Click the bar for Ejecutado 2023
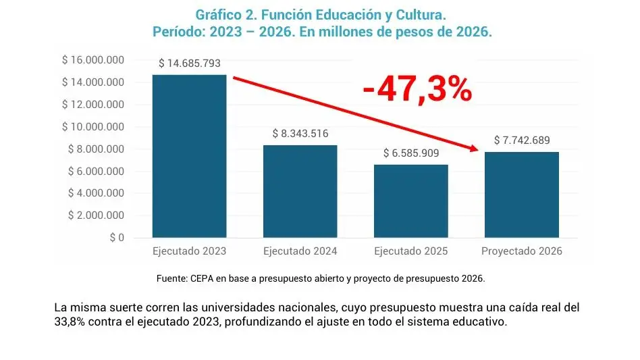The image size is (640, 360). tap(190, 156)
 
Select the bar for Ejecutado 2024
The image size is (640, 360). tap(300, 191)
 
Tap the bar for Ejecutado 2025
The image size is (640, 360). tap(411, 201)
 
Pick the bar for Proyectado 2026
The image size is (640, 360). tap(522, 195)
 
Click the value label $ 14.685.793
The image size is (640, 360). tap(190, 63)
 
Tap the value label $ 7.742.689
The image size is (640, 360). tap(522, 140)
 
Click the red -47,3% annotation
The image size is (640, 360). tap(417, 90)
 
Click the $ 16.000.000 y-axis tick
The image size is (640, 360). tap(93, 60)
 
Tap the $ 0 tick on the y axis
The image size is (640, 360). tap(116, 238)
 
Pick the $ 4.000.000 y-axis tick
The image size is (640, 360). tap(96, 193)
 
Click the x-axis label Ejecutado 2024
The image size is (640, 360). tap(300, 251)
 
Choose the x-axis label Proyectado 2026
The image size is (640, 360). tap(522, 251)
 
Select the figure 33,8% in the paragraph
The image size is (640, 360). tap(69, 322)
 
